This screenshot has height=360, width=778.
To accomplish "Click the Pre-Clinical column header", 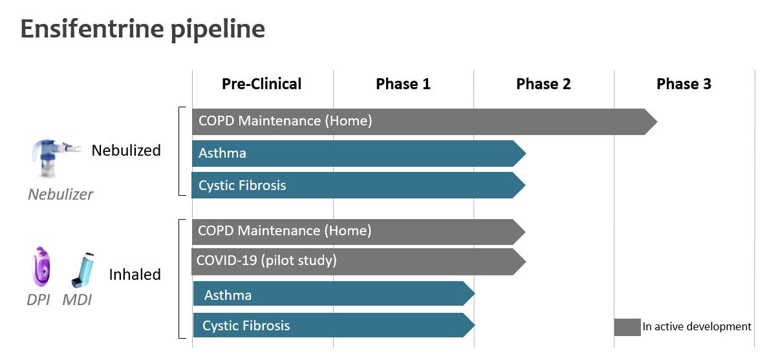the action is tap(261, 84).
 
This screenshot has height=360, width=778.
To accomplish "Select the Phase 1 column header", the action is tap(404, 84).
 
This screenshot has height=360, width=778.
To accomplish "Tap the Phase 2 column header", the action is tap(543, 84).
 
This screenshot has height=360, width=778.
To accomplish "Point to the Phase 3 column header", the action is tap(684, 84).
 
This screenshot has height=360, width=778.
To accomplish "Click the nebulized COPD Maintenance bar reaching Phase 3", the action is tap(424, 122).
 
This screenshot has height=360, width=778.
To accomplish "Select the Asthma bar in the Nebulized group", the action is tap(359, 153).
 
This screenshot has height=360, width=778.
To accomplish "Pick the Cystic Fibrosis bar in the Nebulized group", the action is tap(358, 185).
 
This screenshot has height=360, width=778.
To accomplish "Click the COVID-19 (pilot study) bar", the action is tap(358, 261).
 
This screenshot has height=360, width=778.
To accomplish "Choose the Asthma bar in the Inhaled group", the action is tap(334, 293).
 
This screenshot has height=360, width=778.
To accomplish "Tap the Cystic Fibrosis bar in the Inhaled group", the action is tap(334, 325).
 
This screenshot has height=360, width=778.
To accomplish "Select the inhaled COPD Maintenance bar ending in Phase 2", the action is tap(358, 232).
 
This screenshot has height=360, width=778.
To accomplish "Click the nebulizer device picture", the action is tap(56, 158).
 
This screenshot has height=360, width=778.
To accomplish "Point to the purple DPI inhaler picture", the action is tap(41, 267).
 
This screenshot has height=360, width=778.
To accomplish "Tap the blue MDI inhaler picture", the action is tap(83, 270).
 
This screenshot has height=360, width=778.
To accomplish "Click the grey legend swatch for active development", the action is tap(627, 328).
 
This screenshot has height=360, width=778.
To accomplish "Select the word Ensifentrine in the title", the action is tap(92, 29).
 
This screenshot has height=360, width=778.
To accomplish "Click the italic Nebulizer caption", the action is tap(60, 195).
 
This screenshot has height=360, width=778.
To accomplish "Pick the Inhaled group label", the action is tap(135, 275).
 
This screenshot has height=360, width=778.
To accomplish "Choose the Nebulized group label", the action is tap(126, 151).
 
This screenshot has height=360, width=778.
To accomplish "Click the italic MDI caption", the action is tap(77, 300).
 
